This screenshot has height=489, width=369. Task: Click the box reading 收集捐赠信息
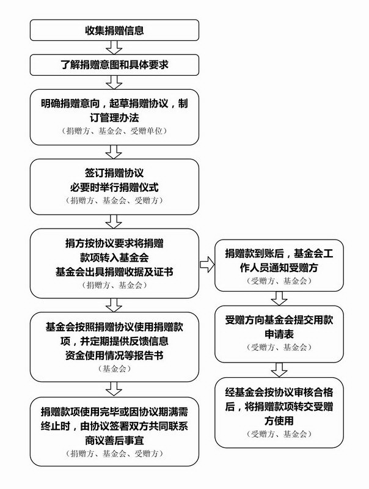pyautogui.click(x=114, y=30)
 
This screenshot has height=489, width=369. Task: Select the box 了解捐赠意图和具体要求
pyautogui.click(x=114, y=65)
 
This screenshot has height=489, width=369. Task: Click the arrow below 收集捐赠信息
pyautogui.click(x=114, y=48)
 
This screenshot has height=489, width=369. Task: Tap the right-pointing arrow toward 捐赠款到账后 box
pyautogui.click(x=207, y=265)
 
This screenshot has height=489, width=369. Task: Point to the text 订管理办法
pyautogui.click(x=114, y=117)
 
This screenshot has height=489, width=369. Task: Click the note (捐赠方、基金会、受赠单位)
pyautogui.click(x=114, y=131)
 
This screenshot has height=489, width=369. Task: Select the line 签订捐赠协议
pyautogui.click(x=114, y=173)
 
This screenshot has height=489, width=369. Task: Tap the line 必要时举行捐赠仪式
pyautogui.click(x=114, y=188)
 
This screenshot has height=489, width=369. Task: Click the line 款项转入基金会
pyautogui.click(x=114, y=257)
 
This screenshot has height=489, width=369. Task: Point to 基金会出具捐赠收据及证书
pyautogui.click(x=114, y=272)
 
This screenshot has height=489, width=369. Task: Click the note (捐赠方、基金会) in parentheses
pyautogui.click(x=114, y=285)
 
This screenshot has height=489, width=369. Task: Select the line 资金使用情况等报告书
pyautogui.click(x=114, y=356)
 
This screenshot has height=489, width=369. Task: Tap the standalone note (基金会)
pyautogui.click(x=114, y=369)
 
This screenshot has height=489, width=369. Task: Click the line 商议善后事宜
pyautogui.click(x=114, y=441)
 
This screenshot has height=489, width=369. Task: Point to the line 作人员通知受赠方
pyautogui.click(x=279, y=268)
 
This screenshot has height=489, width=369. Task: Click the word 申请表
pyautogui.click(x=279, y=334)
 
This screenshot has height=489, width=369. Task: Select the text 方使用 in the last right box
pyautogui.click(x=279, y=421)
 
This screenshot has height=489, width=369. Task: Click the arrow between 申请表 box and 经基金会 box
pyautogui.click(x=279, y=370)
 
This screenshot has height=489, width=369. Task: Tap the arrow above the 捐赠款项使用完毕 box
pyautogui.click(x=114, y=389)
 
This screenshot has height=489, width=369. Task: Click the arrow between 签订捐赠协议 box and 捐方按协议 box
pyautogui.click(x=114, y=222)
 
